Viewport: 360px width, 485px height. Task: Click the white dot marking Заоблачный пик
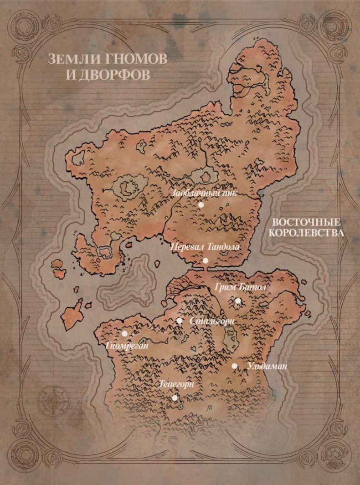pos(201,205)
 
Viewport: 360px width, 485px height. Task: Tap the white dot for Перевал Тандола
pos(206,261)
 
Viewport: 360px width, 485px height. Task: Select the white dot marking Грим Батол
pos(238,301)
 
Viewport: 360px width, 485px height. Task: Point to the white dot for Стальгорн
pos(180,321)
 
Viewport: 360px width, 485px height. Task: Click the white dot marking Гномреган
pos(124,333)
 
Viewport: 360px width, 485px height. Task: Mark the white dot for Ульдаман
pos(234,366)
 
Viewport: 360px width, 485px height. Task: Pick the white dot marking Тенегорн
pos(175,398)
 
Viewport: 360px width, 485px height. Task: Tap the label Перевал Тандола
pos(205,247)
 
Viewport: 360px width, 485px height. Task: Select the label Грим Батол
pos(240,287)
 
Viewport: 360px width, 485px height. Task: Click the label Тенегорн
pos(177,384)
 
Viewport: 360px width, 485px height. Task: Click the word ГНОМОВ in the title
pos(123,59)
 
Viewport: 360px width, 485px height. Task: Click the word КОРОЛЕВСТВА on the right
pos(306,233)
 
